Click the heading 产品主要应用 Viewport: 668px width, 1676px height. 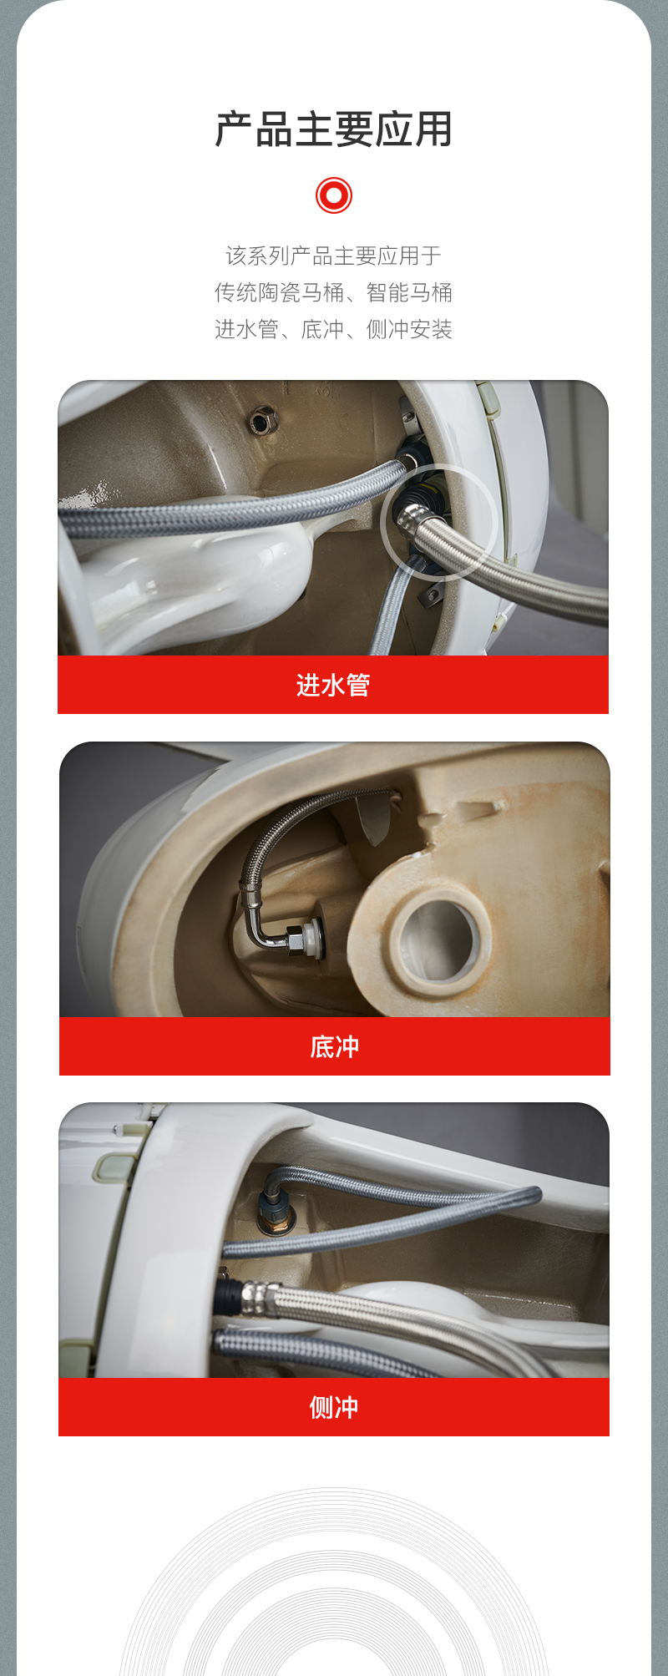point(333,130)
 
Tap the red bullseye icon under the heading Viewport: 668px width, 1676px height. point(334,195)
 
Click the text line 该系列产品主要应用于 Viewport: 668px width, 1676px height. point(333,256)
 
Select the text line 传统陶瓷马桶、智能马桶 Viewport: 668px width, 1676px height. point(333,292)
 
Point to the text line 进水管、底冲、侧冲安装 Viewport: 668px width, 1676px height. point(333,329)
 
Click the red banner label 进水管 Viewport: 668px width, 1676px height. point(333,685)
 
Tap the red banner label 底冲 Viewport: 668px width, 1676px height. point(334,1046)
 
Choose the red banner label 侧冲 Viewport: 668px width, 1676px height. point(334,1407)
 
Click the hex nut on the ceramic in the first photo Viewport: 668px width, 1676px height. point(262,419)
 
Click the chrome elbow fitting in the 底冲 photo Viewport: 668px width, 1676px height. point(264,927)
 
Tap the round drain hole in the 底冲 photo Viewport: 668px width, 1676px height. point(436,939)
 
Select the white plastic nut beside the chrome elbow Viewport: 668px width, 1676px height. point(311,937)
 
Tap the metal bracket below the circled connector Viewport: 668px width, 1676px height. point(431,594)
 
